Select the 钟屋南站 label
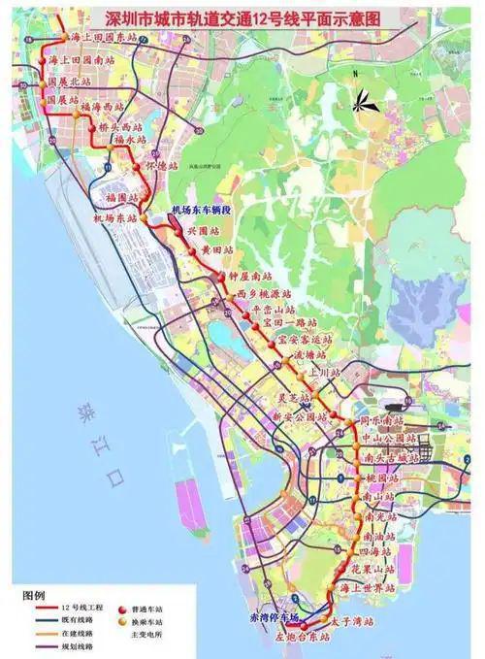click(249, 279)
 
